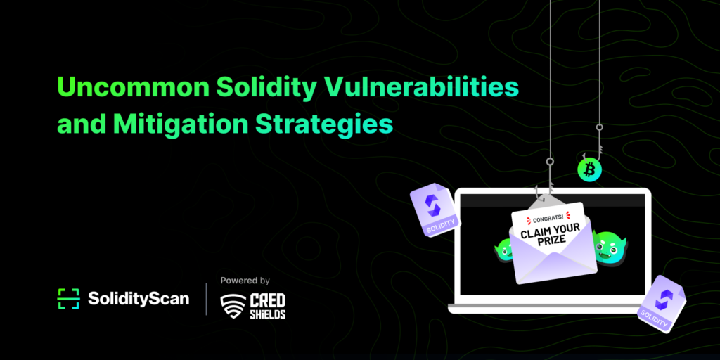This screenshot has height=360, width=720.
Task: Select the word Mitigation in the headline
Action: tap(182, 123)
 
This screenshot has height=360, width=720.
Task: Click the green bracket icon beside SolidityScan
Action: tap(68, 299)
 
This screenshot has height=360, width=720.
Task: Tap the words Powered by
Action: tap(245, 280)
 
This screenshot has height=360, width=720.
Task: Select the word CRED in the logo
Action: tap(267, 301)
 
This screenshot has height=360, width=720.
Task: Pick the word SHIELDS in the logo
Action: tap(267, 314)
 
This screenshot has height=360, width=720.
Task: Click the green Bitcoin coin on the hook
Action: tap(590, 169)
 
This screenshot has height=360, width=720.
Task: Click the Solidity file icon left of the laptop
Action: tap(435, 210)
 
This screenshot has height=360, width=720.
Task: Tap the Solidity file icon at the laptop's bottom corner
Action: tap(661, 304)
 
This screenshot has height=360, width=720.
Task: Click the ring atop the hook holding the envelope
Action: tap(550, 162)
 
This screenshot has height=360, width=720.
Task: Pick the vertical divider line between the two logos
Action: tap(206, 299)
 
